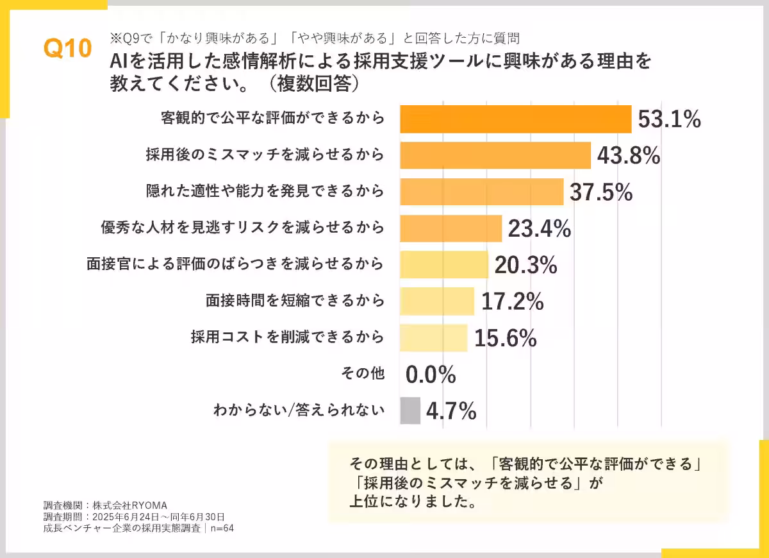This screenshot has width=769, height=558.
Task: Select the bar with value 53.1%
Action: click(x=516, y=119)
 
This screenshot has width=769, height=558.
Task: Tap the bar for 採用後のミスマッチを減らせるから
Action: click(x=495, y=155)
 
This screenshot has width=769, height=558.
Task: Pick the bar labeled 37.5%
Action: click(x=481, y=191)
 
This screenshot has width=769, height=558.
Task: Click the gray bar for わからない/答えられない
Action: click(x=410, y=410)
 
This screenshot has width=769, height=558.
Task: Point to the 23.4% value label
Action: click(x=539, y=228)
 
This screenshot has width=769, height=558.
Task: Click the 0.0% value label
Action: click(x=431, y=375)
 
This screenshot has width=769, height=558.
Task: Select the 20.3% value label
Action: click(x=525, y=265)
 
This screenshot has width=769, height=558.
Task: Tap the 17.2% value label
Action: click(x=512, y=301)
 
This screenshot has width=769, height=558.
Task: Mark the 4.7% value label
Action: click(x=451, y=411)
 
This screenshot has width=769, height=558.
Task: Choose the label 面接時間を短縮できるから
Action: click(x=295, y=300)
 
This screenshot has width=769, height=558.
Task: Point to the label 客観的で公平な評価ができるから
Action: click(x=272, y=118)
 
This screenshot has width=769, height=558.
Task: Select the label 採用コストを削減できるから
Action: click(x=288, y=337)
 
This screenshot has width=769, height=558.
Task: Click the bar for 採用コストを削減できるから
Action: click(x=434, y=338)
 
